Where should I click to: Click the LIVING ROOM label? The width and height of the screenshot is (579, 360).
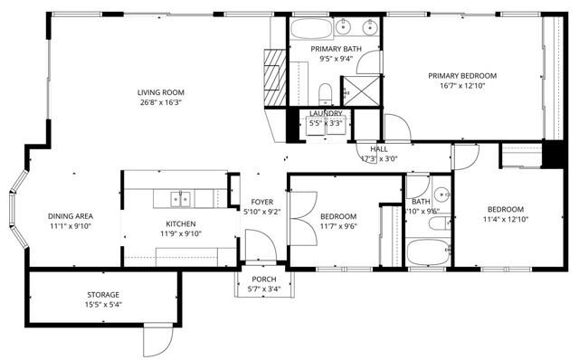pyautogui.click(x=161, y=91)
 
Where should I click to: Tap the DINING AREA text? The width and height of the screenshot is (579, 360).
pyautogui.click(x=71, y=216)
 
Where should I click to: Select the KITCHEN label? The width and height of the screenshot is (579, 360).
pyautogui.click(x=181, y=223)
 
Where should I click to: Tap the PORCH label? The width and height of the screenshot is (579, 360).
pyautogui.click(x=263, y=279)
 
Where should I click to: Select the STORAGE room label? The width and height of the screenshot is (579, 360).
pyautogui.click(x=103, y=295)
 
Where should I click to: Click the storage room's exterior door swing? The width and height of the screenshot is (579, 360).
pyautogui.click(x=155, y=341)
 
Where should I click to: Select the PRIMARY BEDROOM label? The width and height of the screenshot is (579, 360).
pyautogui.click(x=462, y=76)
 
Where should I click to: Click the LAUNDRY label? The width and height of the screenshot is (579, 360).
pyautogui.click(x=326, y=113)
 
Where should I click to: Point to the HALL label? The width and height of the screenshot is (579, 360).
pyautogui.click(x=379, y=148)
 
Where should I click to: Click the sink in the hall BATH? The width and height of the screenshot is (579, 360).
pyautogui.click(x=441, y=194)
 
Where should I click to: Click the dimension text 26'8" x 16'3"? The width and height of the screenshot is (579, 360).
pyautogui.click(x=161, y=102)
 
